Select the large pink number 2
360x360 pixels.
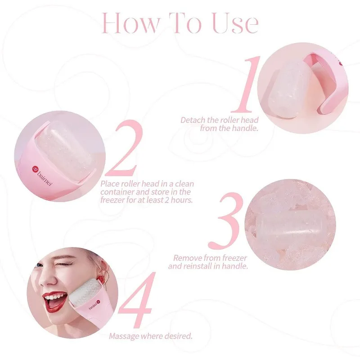125,148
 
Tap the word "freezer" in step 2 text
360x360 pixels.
112,199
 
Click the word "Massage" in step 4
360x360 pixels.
124,336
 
